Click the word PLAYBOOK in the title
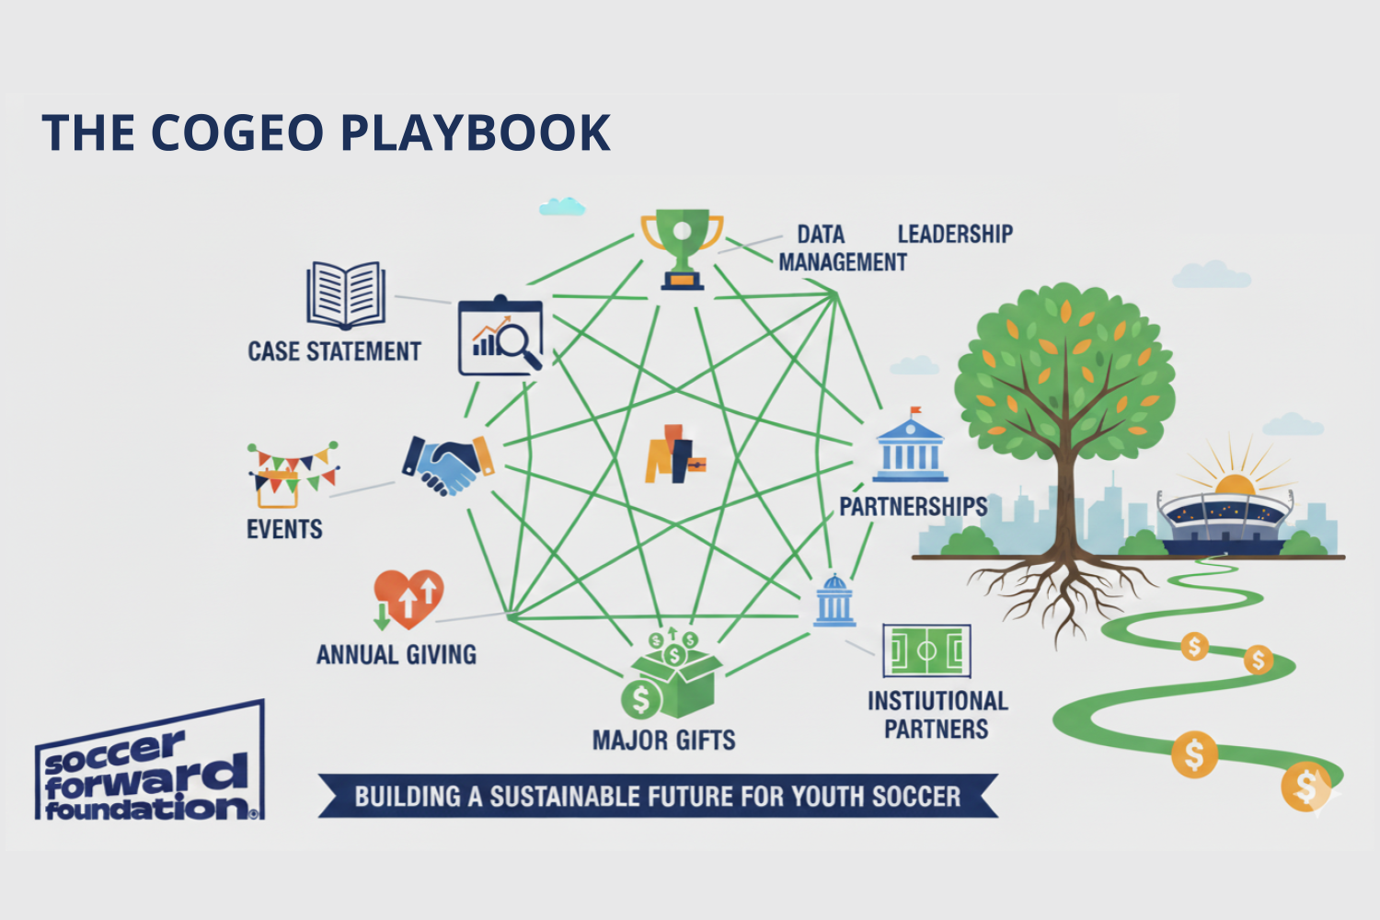476,132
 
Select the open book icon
346,294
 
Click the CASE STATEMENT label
334,351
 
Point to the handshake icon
447,464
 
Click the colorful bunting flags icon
292,472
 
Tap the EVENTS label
284,530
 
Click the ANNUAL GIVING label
397,655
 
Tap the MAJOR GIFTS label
663,741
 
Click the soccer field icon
926,650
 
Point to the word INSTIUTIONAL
937,701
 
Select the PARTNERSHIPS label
913,507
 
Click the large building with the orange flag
910,448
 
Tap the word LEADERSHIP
955,235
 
